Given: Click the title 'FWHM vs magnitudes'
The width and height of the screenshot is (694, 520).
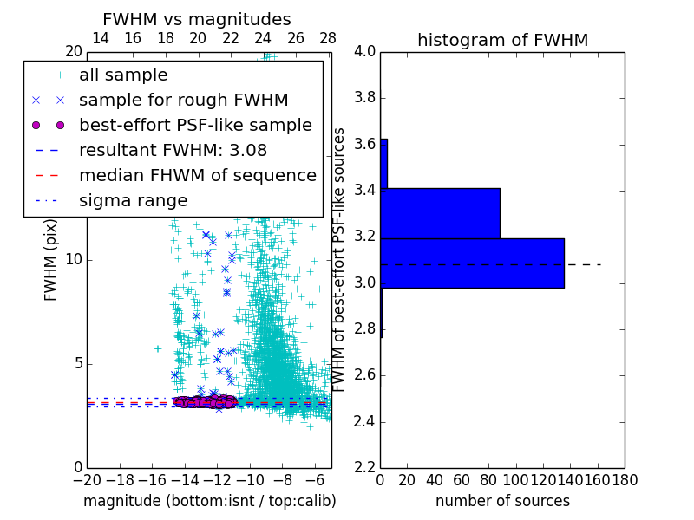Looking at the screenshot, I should pos(197,20).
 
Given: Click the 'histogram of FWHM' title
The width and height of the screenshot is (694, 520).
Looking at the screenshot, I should pos(502,40).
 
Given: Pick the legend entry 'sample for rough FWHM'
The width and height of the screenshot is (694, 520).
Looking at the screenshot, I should pos(183,100).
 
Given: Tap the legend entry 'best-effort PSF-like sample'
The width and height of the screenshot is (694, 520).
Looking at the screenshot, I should pos(195,125).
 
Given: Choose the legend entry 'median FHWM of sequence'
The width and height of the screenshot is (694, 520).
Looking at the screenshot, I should pos(197,175).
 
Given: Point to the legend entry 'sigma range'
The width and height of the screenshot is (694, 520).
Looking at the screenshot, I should pos(133,200).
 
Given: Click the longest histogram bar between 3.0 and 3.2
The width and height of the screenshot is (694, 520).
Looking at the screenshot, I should pos(472,263).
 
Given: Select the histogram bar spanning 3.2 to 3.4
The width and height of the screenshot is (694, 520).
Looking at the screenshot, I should pos(440,213).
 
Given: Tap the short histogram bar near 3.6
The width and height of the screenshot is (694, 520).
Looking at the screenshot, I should pos(383,163).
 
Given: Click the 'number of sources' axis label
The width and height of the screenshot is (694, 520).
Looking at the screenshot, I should pos(502,501).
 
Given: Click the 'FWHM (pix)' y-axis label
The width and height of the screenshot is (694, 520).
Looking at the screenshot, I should pos(51,260).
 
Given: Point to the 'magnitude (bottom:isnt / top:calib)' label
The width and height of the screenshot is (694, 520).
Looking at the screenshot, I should pos(209,501).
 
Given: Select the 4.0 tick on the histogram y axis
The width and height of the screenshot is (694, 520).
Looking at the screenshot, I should pos(364,51).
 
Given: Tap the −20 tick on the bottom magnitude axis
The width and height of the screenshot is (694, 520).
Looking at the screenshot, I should pos(87,479).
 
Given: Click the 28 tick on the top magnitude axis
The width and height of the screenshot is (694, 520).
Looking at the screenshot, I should pos(328,38).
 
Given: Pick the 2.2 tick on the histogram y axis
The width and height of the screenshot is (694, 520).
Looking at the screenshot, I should pos(364,467).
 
